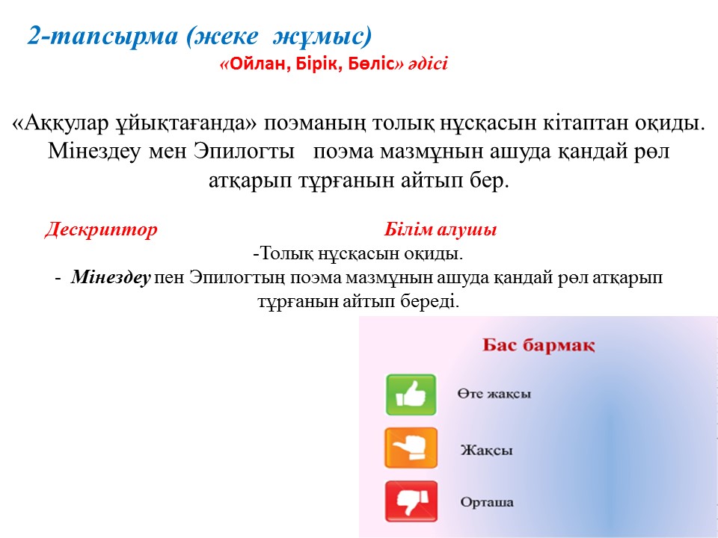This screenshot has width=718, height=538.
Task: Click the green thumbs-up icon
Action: (411, 395)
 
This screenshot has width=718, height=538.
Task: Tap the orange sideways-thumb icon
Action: (411, 448)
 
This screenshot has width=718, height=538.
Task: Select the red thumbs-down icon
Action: (411, 501)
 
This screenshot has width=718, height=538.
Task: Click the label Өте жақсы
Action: (494, 394)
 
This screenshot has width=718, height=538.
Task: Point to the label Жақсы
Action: (486, 450)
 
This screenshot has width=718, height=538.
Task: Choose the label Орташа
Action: (487, 502)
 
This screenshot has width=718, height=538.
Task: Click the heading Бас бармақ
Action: (538, 345)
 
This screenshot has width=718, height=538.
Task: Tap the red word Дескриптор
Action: (101, 229)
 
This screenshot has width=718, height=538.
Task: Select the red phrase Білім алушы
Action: (440, 229)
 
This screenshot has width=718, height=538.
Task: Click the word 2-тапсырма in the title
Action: (102, 36)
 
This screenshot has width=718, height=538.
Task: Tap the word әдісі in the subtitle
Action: (427, 64)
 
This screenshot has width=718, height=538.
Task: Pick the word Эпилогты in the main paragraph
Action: (244, 152)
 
